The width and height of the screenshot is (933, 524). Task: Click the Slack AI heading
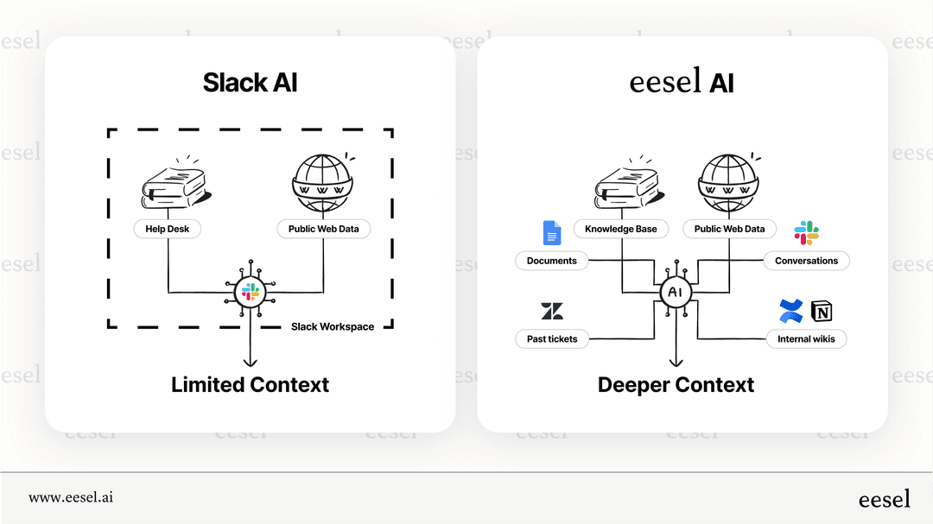point(250,83)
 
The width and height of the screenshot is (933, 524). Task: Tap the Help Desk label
point(167,229)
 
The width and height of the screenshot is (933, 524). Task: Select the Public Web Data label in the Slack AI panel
point(323,229)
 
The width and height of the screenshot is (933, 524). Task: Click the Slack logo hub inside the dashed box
point(251,292)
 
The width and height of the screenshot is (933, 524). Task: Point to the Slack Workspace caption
point(333,326)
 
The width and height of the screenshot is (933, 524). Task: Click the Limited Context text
point(250,384)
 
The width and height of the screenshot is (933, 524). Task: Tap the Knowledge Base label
point(620,229)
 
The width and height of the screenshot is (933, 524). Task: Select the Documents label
point(551,261)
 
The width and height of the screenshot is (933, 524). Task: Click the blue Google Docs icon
point(551,233)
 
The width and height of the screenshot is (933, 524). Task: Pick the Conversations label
point(806,261)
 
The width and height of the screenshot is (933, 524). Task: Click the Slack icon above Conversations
point(806,233)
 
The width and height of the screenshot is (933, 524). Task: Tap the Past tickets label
point(551,338)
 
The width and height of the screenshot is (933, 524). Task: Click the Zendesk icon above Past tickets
point(551,312)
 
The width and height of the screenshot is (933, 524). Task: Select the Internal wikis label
point(806,338)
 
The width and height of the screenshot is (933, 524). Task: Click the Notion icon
point(821,312)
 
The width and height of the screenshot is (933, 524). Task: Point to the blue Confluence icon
point(790,311)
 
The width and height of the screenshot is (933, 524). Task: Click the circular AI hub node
point(675,293)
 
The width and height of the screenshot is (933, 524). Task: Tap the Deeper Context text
point(676,384)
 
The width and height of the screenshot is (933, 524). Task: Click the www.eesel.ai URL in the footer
point(71,497)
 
